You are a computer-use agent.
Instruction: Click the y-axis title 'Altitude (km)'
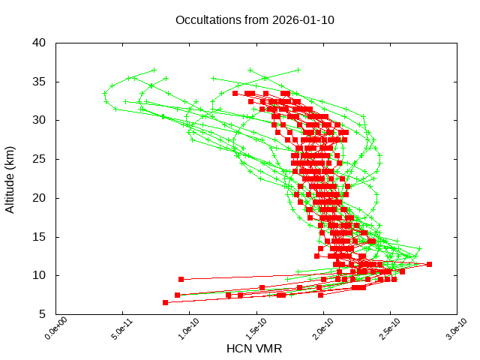pyautogui.click(x=10, y=178)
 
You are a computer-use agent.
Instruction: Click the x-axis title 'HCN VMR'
pyautogui.click(x=254, y=349)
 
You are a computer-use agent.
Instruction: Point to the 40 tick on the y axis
pyautogui.click(x=40, y=43)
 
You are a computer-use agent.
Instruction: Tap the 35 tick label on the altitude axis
pyautogui.click(x=40, y=82)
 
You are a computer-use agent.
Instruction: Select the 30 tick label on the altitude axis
pyautogui.click(x=40, y=120)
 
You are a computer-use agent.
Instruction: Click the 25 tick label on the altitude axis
pyautogui.click(x=40, y=159)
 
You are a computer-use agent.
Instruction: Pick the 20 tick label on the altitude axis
pyautogui.click(x=40, y=198)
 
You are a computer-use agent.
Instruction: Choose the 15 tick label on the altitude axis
pyautogui.click(x=40, y=237)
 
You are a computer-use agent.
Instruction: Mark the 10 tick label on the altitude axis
pyautogui.click(x=40, y=275)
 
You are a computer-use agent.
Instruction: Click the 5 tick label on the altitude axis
pyautogui.click(x=43, y=314)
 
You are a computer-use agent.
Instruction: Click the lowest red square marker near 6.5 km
pyautogui.click(x=166, y=302)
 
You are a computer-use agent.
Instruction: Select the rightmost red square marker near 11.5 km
pyautogui.click(x=429, y=264)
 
